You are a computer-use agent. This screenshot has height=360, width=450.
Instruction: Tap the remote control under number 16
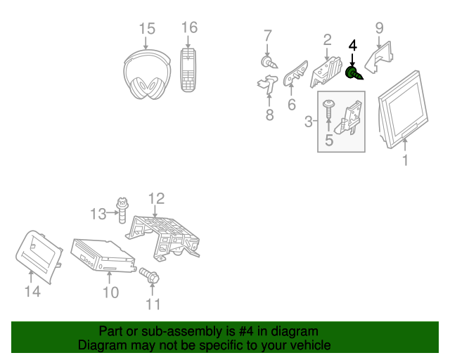click(189, 70)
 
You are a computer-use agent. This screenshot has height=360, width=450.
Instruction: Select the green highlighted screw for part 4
click(354, 72)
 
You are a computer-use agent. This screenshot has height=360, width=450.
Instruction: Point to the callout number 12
click(155, 198)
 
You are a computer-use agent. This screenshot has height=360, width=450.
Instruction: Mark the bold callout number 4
click(353, 46)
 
